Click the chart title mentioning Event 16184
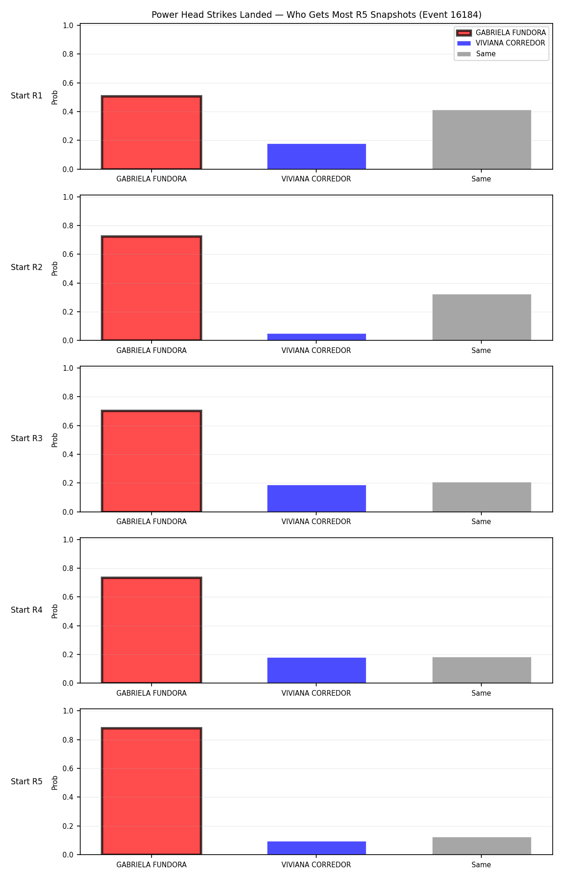(316, 15)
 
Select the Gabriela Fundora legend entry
(501, 33)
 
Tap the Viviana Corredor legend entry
(501, 43)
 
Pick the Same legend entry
(476, 54)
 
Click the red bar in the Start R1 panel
(152, 133)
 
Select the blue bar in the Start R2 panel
(317, 337)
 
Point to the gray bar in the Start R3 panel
(482, 497)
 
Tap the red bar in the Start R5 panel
(152, 791)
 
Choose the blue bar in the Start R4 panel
(317, 670)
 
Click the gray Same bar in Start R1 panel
(482, 140)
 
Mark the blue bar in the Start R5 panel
(317, 848)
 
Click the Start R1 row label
(27, 96)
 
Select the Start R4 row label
(27, 610)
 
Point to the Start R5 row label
(27, 781)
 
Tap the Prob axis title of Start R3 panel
(55, 440)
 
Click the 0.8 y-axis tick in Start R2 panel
(68, 225)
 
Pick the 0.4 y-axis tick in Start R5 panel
(68, 797)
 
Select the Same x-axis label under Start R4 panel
(481, 693)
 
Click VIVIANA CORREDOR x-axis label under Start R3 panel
(316, 521)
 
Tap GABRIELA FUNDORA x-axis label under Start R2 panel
(152, 350)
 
